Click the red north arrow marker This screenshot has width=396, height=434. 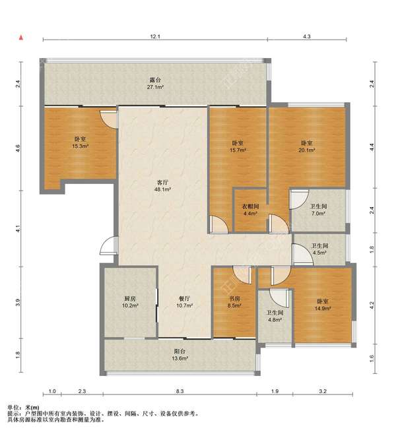[x=20, y=38]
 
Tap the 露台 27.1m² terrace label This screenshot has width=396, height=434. [x=155, y=83]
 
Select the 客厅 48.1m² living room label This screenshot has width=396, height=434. [x=162, y=186]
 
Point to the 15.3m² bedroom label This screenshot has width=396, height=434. [x=80, y=142]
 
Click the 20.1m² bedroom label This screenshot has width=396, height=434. [x=307, y=146]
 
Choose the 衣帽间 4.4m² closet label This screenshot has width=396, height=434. [x=251, y=210]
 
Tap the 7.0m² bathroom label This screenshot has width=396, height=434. [x=319, y=210]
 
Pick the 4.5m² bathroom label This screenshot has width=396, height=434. [x=319, y=249]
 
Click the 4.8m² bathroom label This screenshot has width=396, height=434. [x=275, y=316]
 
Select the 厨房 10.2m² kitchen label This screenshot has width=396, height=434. [x=130, y=302]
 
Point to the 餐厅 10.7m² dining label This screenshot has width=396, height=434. [x=184, y=302]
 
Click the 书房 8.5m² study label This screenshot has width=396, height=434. [x=234, y=302]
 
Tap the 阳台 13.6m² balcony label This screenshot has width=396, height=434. [x=180, y=355]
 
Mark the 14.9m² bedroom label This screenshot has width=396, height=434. [x=323, y=305]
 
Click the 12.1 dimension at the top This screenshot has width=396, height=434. [x=155, y=36]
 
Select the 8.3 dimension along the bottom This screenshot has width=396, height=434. [x=180, y=391]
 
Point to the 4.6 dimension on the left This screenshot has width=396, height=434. [x=18, y=148]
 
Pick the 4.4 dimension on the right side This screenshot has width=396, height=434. [x=372, y=147]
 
